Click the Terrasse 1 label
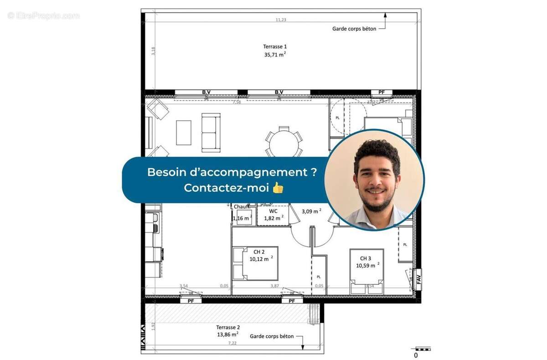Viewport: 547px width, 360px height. point(275,46)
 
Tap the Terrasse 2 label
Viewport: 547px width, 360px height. point(228,327)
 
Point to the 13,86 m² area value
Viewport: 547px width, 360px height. point(228,334)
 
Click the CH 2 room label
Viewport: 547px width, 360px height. point(259,251)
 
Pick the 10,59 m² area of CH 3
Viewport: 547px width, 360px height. point(368,265)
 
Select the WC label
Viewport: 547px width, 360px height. point(273,211)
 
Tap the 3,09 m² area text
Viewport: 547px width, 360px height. point(312,211)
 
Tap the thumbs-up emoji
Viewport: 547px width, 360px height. point(278,187)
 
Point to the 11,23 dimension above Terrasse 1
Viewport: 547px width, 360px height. point(281,20)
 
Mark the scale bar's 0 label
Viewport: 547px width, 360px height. point(415,355)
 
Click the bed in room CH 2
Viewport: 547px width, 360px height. point(255,263)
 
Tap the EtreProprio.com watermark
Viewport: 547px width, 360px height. point(43,15)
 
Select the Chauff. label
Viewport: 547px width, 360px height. point(242,207)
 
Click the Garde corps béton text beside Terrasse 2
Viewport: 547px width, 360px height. point(272,336)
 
